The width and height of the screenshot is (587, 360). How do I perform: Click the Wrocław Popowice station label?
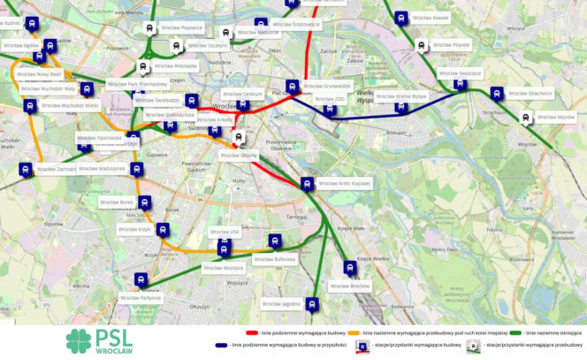[x=180, y=27]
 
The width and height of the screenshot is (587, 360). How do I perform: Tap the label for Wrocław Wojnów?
[x=554, y=117]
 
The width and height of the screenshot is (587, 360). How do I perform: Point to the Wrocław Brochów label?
[x=349, y=287]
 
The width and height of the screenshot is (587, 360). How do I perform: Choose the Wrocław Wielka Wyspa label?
[x=400, y=96]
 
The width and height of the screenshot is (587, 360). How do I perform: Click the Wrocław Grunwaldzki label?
[x=327, y=86]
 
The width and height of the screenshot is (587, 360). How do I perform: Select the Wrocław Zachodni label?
[x=57, y=168]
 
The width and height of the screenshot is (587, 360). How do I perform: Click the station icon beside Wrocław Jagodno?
[x=311, y=305]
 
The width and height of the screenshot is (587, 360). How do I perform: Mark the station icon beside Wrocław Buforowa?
[x=275, y=241]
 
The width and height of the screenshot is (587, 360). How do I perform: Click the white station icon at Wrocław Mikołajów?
[x=142, y=65]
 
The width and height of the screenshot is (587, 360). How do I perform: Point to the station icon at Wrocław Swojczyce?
[x=460, y=84]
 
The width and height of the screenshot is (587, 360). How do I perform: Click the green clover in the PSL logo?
[x=78, y=341]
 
